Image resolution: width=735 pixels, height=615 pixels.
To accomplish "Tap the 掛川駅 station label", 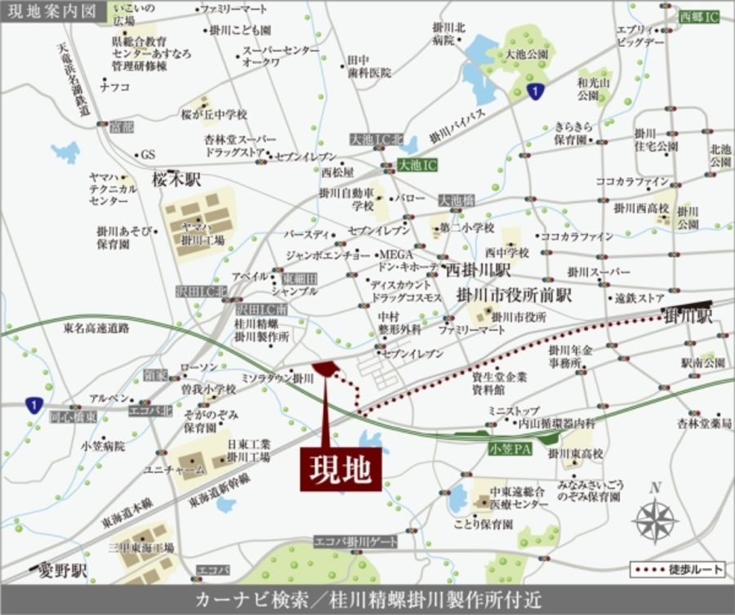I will [689, 314].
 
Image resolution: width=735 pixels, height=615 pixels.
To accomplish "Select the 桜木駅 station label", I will [176, 179].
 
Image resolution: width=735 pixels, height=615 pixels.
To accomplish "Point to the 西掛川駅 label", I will [477, 269].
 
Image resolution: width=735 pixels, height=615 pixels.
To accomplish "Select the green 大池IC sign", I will [417, 165].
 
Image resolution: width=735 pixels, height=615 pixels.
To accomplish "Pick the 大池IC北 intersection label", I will [376, 140].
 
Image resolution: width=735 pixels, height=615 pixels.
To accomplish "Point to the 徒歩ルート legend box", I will [677, 568].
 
